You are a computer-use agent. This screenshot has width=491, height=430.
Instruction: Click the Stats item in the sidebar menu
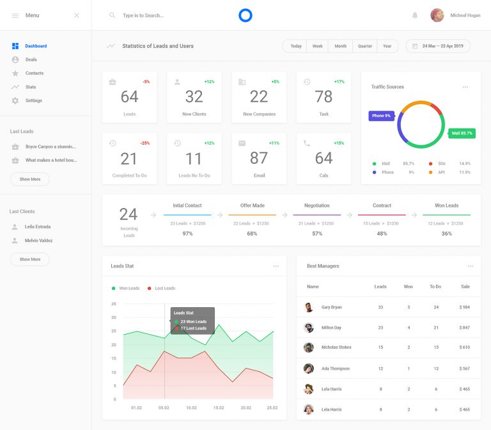click(x=30, y=87)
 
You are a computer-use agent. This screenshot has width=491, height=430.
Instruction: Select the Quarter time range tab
click(x=365, y=46)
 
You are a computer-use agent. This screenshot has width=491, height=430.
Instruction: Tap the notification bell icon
click(x=415, y=15)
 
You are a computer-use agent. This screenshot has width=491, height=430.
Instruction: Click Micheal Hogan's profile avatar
click(x=437, y=15)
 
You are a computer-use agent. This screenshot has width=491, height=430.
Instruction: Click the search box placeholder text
click(x=143, y=15)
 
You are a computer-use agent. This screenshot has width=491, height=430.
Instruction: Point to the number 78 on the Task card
click(x=323, y=97)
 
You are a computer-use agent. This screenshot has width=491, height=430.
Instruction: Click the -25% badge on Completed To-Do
click(x=145, y=143)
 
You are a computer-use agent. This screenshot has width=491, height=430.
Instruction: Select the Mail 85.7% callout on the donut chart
click(x=462, y=133)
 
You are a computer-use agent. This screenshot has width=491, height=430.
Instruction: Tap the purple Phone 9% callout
click(x=381, y=116)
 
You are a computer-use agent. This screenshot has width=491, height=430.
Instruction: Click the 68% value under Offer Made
click(x=252, y=234)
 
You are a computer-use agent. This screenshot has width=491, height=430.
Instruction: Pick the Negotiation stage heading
click(x=317, y=205)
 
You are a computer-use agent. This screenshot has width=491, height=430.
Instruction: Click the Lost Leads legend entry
click(x=164, y=289)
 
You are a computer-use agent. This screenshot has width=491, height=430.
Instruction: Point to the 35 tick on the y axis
click(x=114, y=304)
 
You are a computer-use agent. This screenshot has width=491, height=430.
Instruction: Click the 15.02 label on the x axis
click(x=219, y=407)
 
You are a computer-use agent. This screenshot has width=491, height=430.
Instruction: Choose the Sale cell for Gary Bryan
click(x=465, y=307)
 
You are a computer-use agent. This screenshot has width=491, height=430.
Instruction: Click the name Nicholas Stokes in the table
click(x=336, y=347)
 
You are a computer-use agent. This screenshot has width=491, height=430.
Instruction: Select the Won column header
click(x=409, y=287)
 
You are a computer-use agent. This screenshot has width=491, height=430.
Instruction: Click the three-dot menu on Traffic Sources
click(x=465, y=87)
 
